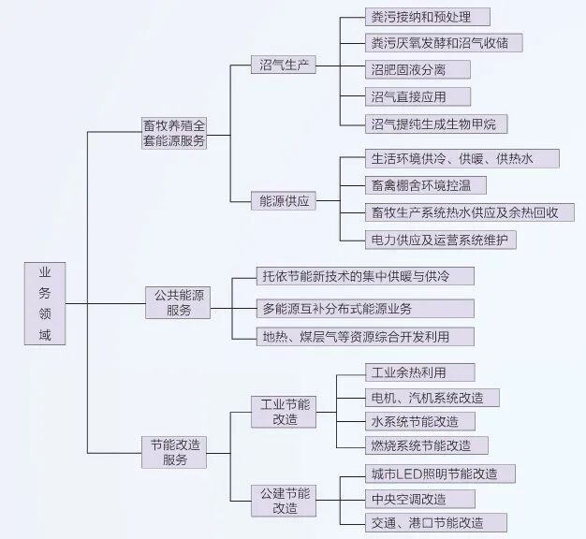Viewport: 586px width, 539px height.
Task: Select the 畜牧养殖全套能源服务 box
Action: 174,133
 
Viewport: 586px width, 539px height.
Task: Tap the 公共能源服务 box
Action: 178,302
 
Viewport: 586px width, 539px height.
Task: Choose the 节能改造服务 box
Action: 175,452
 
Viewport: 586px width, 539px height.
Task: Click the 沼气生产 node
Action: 285,66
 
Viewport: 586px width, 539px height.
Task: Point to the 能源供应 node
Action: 285,200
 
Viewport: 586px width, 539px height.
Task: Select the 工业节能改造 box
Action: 285,412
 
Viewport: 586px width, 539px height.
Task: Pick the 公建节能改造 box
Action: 285,501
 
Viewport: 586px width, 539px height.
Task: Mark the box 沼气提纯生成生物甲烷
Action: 435,123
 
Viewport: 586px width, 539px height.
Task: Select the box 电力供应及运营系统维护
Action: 439,240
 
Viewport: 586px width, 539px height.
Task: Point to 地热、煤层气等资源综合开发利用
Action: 365,336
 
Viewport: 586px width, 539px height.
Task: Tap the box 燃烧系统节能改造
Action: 425,445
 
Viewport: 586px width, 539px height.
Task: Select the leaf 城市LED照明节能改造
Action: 438,473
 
